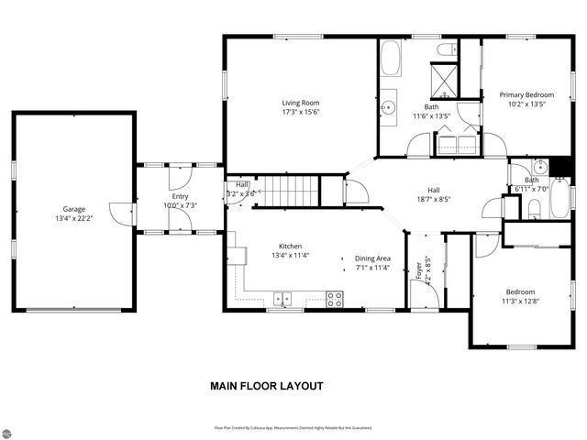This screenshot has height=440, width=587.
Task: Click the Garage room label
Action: [73, 209]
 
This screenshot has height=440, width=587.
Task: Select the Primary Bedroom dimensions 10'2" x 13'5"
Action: [526, 104]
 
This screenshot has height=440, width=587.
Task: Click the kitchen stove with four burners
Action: [335, 298]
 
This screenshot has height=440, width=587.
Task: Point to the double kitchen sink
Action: [282, 298]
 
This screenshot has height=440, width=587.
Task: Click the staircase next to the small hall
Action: [292, 192]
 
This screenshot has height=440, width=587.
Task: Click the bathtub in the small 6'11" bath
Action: [559, 200]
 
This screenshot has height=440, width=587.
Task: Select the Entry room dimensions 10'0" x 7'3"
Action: [180, 205]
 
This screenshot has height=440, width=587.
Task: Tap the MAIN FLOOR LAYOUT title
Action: [267, 386]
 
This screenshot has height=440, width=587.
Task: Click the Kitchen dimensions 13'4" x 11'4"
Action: [291, 257]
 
